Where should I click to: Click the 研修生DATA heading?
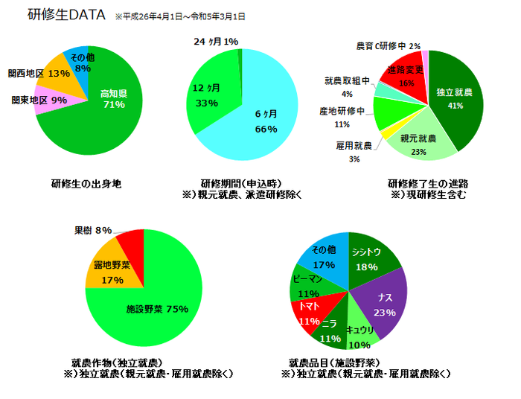(60, 15)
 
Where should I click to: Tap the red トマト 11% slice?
(310, 313)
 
